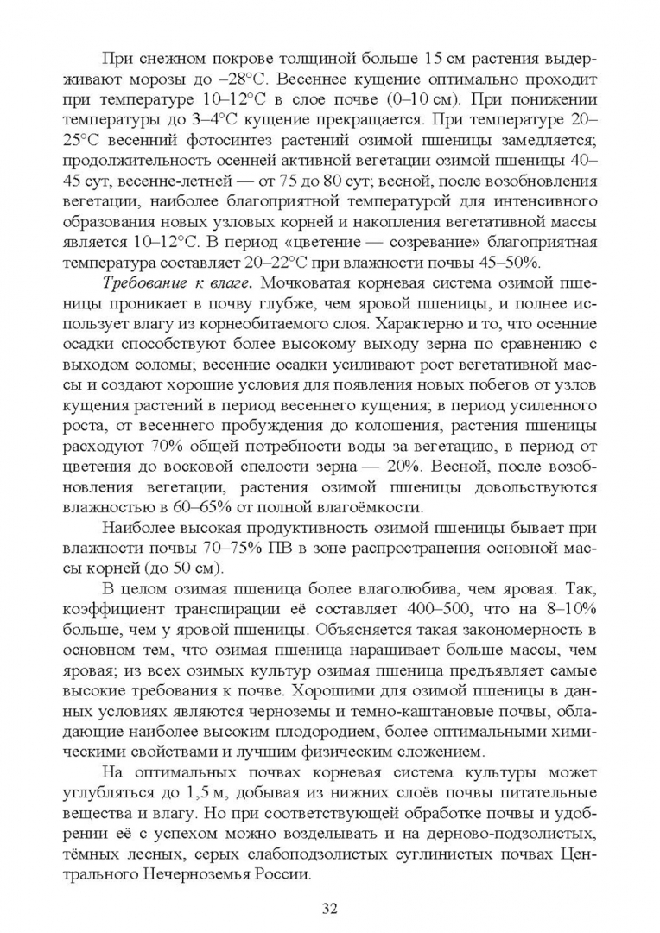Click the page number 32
tap(329, 907)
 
